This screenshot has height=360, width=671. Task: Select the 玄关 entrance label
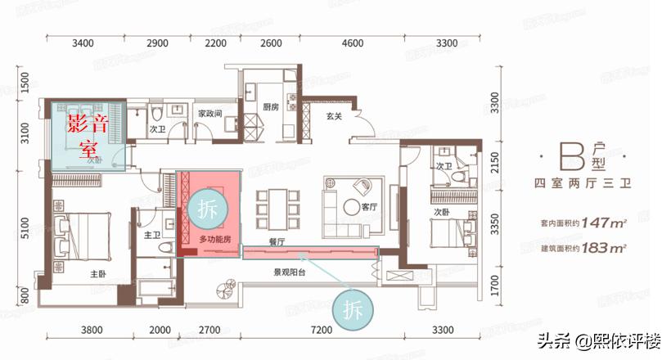(x=332, y=116)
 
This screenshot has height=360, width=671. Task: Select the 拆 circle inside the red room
(x=205, y=209)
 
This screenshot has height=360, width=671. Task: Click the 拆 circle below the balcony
(x=349, y=310)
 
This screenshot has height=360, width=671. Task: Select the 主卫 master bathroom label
(x=151, y=236)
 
